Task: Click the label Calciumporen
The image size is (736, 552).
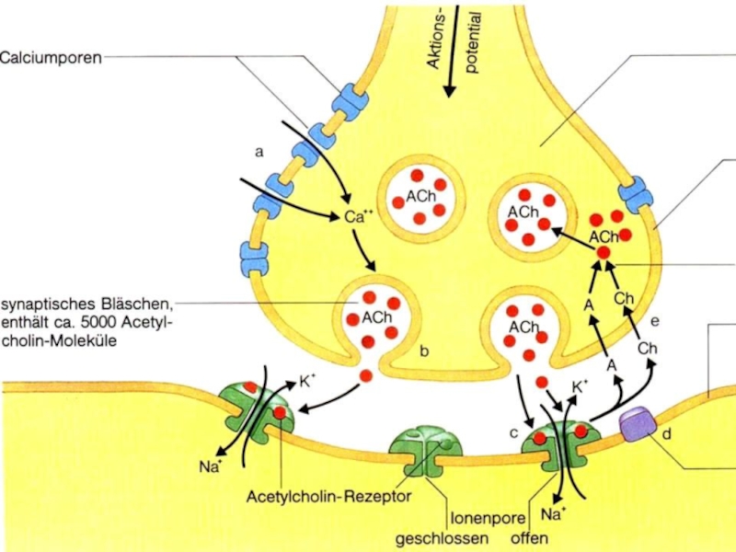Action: [x=51, y=58]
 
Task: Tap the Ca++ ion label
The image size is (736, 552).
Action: [x=359, y=216]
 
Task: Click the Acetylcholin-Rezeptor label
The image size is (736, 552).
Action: [x=329, y=496]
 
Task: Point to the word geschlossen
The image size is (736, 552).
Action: [x=442, y=538]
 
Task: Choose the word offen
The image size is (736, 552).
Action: [x=530, y=537]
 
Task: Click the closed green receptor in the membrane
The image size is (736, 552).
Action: [x=425, y=451]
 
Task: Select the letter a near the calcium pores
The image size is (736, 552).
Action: [x=259, y=152]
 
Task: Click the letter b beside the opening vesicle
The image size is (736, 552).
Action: [x=424, y=351]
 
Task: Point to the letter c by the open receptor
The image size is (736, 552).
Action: [x=514, y=432]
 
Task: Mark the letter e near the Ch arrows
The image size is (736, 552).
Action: [x=655, y=321]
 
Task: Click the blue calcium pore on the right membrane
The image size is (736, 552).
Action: [x=636, y=194]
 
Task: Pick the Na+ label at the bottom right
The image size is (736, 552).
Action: [x=551, y=514]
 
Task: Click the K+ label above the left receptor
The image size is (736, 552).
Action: [x=307, y=382]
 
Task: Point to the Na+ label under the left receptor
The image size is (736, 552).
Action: [x=210, y=466]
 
